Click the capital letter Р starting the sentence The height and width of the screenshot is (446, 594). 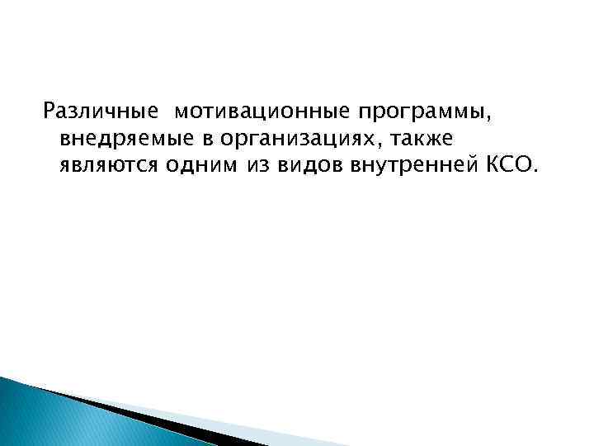[x=49, y=110]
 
